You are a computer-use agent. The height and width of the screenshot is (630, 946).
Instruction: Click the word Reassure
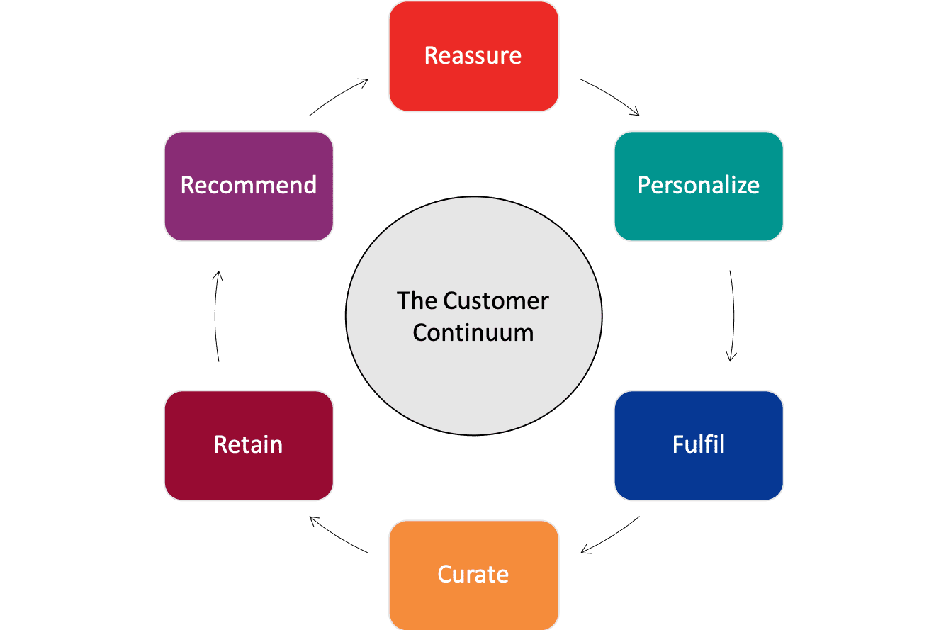point(473,55)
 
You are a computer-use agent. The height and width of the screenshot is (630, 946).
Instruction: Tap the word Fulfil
point(698,444)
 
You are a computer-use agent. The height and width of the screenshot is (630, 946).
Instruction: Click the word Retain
point(248,444)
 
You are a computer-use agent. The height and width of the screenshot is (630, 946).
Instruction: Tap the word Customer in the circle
point(496,300)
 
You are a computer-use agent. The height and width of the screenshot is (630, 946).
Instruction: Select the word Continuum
point(473,332)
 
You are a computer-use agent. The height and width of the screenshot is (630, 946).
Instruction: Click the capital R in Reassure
point(431,55)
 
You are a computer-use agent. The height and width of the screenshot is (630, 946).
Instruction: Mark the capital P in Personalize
point(643,185)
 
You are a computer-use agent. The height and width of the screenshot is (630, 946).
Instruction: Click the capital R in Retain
point(220,444)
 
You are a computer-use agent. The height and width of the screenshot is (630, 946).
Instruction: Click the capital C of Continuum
point(420,332)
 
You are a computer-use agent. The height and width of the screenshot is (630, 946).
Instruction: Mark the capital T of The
point(404,300)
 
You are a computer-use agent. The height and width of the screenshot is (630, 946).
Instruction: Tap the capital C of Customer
point(451,300)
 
